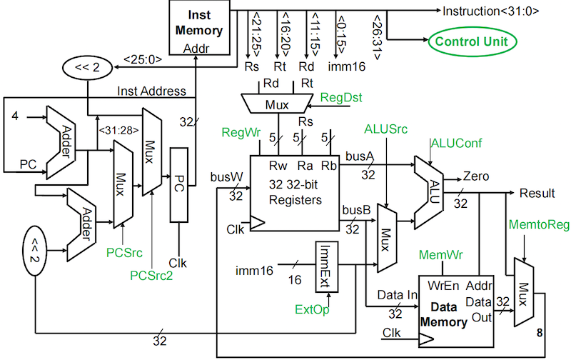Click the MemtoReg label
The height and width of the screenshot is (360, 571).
539,226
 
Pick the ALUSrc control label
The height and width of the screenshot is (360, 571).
386,129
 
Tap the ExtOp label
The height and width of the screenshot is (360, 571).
313,309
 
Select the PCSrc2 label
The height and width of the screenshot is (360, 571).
151,274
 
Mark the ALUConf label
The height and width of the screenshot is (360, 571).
455,144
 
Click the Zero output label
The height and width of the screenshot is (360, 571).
476,176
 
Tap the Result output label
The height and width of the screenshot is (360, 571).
537,194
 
